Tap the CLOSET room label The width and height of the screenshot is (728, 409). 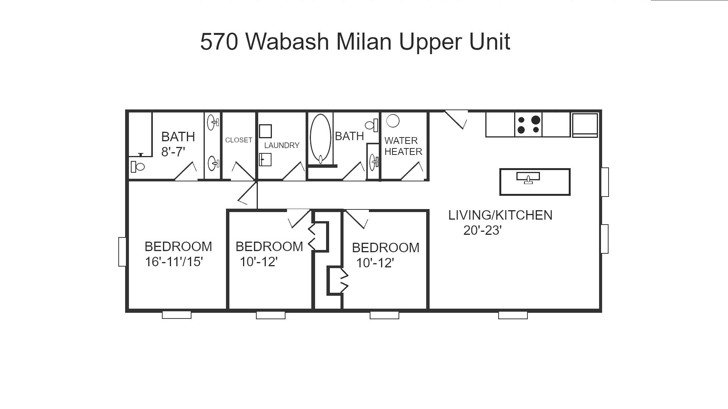pos(238,140)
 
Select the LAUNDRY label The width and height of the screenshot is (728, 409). pos(282,145)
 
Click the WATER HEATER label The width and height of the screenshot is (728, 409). pos(403,146)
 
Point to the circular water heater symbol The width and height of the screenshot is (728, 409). pos(393,121)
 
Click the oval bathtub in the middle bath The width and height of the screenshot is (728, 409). pos(320,138)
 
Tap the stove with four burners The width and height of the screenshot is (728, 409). pos(528,125)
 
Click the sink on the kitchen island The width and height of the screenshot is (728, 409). pos(528,178)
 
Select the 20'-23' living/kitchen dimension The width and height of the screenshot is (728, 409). pos(482,230)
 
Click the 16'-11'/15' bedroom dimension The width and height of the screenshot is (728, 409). pos(174,262)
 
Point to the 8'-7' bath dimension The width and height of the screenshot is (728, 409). pos(173,152)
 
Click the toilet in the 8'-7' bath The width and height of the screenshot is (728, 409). pos(138,166)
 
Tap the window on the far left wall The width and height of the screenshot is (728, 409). pos(122,252)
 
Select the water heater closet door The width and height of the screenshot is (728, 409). pos(412,172)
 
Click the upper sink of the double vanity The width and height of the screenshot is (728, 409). pos(213,122)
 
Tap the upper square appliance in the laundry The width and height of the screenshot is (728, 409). pos(265,131)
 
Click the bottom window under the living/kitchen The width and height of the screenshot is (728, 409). pos(513,315)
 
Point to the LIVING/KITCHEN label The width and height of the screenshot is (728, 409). pos(500,215)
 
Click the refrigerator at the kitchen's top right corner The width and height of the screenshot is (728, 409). pos(585,125)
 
